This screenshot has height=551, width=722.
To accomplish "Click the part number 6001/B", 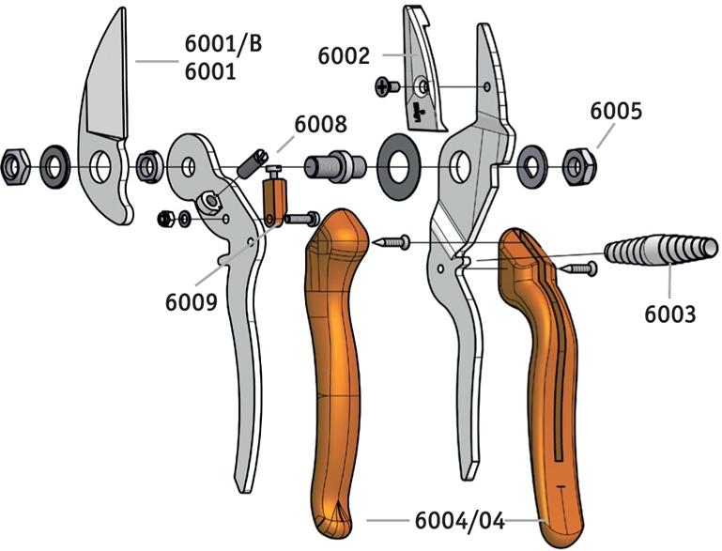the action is tap(223, 44).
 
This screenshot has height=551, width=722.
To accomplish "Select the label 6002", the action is tap(344, 56).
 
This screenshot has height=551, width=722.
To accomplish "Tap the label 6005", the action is tap(616, 112).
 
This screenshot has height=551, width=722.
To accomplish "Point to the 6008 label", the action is tap(320, 124).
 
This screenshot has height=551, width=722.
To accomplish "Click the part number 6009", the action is tap(192, 302).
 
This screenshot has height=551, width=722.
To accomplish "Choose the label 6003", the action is tap(670, 314).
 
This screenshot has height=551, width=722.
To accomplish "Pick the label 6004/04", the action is tap(460, 521).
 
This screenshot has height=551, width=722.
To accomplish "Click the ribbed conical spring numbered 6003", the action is tap(661, 250).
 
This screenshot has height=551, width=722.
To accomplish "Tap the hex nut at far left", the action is tap(15, 167).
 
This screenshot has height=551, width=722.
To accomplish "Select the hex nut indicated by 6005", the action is tap(579, 167).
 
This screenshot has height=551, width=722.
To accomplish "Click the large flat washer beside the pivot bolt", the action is tap(398, 167).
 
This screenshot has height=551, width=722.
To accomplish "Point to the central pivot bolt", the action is tap(335, 166).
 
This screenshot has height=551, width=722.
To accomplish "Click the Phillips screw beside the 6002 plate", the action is tap(387, 86).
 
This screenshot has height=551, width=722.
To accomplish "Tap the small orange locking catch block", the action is tap(274, 198).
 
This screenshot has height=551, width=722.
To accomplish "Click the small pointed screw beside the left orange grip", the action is tap(392, 242).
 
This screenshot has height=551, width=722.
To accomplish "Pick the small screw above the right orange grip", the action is tap(577, 268).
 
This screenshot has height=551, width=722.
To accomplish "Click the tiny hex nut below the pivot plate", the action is tap(165, 219).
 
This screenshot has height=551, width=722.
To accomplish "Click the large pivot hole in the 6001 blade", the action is tap(100, 167).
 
